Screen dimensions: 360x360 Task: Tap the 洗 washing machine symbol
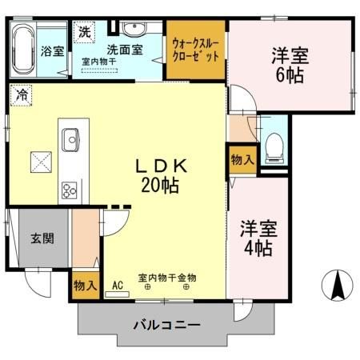pos(84,33)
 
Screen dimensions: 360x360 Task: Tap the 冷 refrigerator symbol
pos(21,94)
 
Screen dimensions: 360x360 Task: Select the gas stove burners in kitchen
pos(69,190)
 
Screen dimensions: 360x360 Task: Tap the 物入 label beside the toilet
pos(242,159)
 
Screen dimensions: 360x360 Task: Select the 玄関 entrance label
pos(42,238)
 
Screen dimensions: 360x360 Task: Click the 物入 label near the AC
pos(86,285)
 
